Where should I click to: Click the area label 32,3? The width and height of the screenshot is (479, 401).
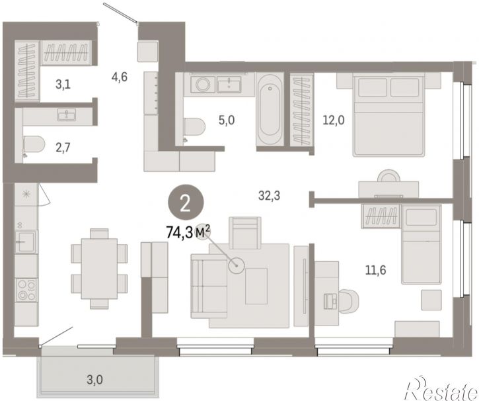pos(269,195)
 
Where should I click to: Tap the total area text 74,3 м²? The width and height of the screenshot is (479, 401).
pos(188,232)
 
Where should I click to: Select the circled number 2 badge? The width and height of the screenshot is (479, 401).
pos(185,204)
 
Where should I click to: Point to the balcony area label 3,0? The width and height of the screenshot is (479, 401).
pos(94,380)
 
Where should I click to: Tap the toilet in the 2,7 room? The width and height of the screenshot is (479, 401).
pos(34,144)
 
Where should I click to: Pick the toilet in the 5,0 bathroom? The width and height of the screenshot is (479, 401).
pos(194,126)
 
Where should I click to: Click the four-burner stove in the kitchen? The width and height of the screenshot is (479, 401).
pos(26,289)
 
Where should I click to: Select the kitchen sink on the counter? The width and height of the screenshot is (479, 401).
pos(26,242)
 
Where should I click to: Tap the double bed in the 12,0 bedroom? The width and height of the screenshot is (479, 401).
pos(388,114)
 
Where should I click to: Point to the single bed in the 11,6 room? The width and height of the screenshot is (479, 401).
pos(422,244)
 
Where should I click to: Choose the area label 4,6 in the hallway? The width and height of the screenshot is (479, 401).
pos(119,77)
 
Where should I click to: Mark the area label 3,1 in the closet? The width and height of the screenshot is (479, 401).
pos(63,84)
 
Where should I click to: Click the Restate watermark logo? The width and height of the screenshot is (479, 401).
pos(442,388)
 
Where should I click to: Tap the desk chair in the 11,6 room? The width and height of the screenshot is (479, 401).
pos(347,302)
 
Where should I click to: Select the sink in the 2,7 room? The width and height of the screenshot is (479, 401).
pos(67,114)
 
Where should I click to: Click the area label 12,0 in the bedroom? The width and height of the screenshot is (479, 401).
pos(334,120)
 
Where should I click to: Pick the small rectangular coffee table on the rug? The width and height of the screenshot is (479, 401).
pos(256,286)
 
